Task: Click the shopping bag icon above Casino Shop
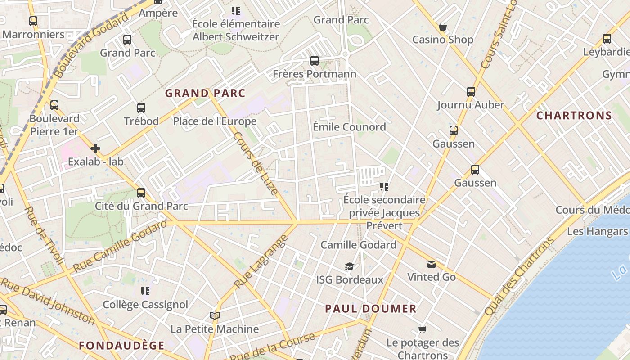coord(443,27)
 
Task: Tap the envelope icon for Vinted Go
coord(432,264)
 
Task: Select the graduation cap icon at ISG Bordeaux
coord(349,267)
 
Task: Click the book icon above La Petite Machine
coord(214,316)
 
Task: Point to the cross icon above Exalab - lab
coord(95,148)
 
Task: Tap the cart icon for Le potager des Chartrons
coord(422,330)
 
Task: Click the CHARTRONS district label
coord(574,116)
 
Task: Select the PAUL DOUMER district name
coord(371,309)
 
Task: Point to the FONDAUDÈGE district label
coord(122,346)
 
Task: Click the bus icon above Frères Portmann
coord(315,61)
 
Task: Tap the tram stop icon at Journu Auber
coord(471,92)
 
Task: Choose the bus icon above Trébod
coord(141,108)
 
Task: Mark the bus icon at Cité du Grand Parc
coord(141,193)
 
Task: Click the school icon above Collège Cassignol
coord(145,292)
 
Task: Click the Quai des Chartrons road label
coord(519,277)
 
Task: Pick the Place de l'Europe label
coord(215,121)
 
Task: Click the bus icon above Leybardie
coord(607,39)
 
